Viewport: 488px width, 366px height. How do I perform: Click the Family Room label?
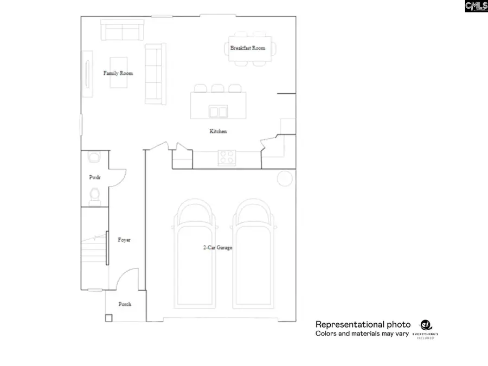tap(118, 73)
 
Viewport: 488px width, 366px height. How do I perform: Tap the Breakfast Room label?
tap(248, 48)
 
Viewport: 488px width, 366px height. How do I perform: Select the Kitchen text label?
tap(218, 131)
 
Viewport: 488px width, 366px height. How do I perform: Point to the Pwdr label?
tap(95, 177)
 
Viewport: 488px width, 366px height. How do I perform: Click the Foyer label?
tap(124, 240)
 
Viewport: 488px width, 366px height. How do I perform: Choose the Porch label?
tap(125, 304)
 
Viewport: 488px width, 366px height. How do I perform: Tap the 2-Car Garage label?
tap(218, 247)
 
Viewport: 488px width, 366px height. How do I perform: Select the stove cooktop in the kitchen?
tap(226, 158)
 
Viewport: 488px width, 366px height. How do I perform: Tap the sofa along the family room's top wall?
tap(122, 31)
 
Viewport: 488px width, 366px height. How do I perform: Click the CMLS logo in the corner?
tap(476, 7)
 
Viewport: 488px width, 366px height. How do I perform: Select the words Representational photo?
tap(362, 324)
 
